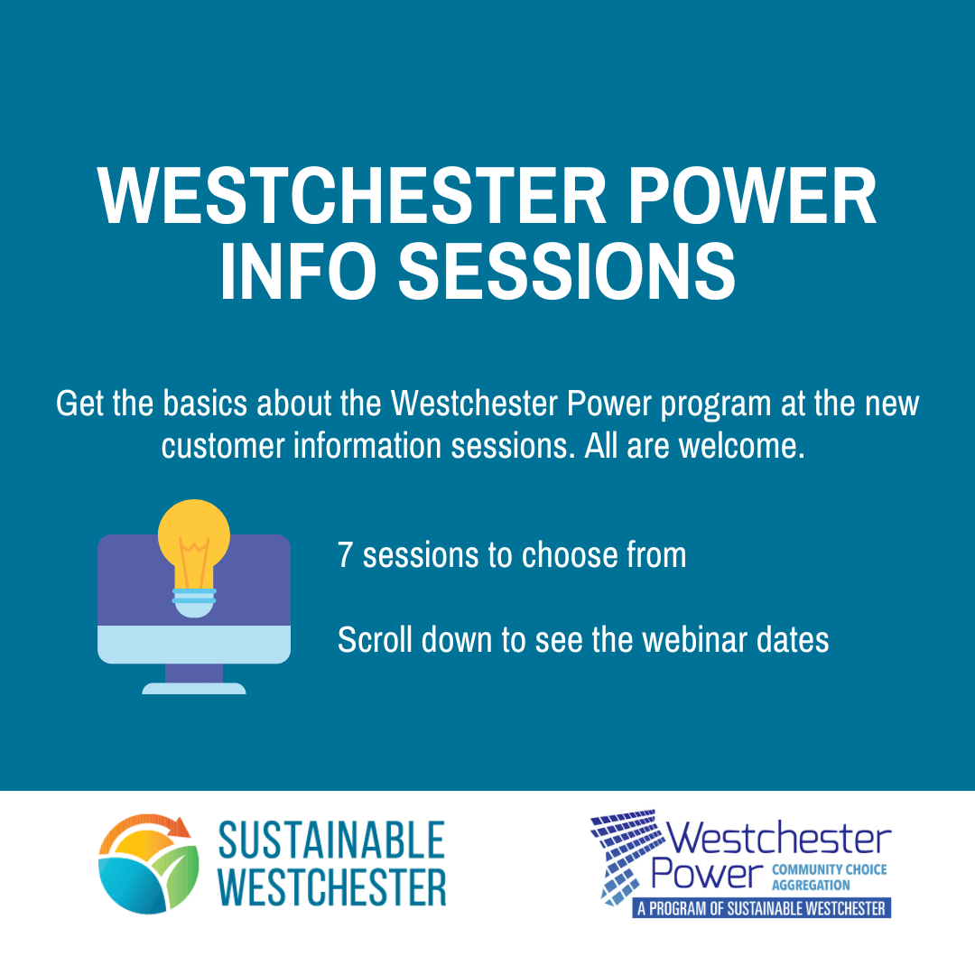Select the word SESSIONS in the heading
[x=567, y=271]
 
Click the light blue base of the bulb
[x=194, y=602]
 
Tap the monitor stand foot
[x=194, y=688]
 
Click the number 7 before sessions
[x=345, y=554]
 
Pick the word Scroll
[x=375, y=640]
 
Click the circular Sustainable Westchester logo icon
[x=149, y=864]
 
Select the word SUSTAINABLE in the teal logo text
[x=331, y=840]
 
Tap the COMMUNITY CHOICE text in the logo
[x=830, y=869]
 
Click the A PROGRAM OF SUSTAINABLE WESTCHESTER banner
[x=762, y=908]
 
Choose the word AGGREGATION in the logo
[x=811, y=885]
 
